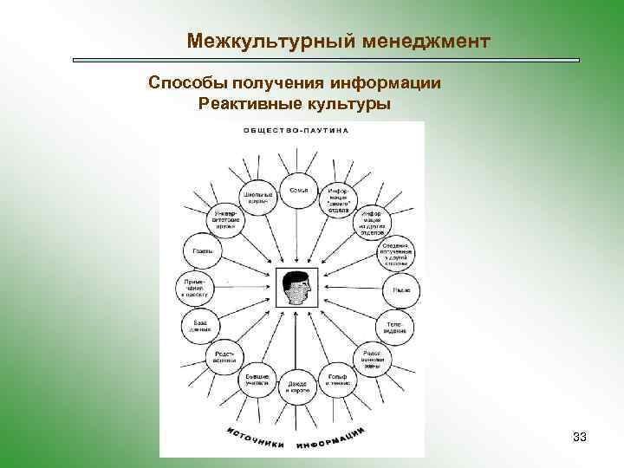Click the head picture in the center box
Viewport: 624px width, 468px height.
coord(297,288)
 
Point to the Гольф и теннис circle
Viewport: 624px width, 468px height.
coord(339,380)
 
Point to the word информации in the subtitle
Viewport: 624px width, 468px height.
coord(385,84)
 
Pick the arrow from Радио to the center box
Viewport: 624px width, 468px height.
coord(351,289)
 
